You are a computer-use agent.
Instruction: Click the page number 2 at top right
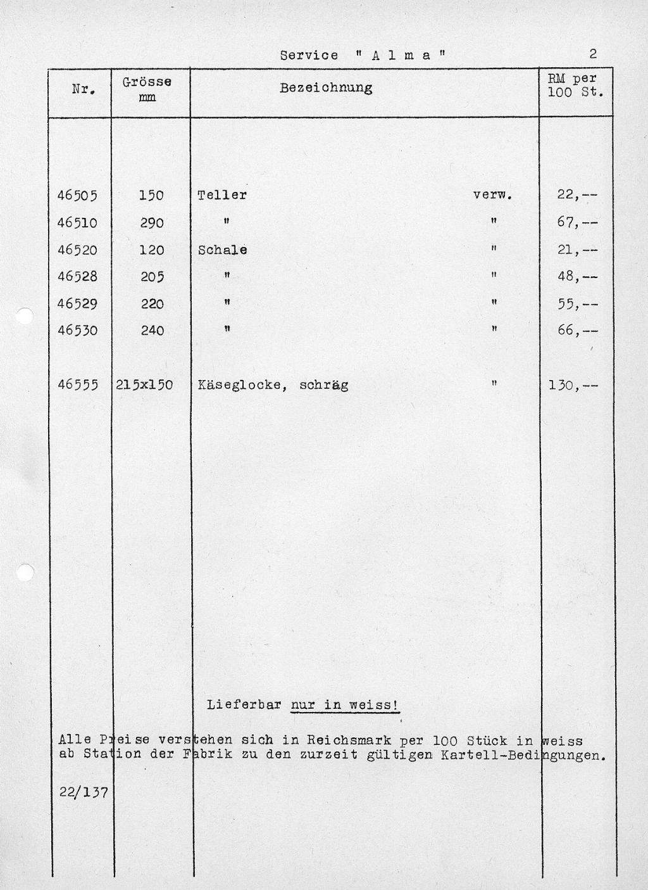(593, 54)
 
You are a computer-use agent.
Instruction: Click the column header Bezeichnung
(326, 87)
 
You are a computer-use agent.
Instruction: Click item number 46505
(77, 196)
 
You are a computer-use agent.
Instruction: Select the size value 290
(152, 223)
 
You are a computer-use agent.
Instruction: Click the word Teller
(222, 195)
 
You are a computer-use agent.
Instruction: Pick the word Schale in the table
(222, 250)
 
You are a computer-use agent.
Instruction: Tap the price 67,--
(576, 223)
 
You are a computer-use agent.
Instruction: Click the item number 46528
(77, 277)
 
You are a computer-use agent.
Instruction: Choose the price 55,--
(576, 304)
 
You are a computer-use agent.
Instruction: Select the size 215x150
(144, 385)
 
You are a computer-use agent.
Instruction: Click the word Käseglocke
(239, 385)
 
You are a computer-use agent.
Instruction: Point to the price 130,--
(573, 385)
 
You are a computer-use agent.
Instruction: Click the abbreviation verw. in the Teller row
(492, 195)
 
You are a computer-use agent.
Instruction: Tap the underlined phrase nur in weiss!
(345, 705)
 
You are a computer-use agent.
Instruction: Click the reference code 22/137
(84, 792)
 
